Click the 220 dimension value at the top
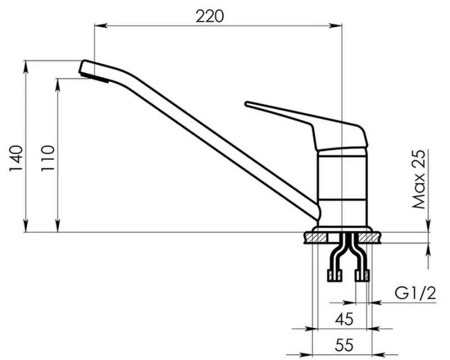click(209, 16)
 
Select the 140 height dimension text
click(17, 159)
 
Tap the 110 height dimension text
click(48, 159)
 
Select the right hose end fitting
click(362, 276)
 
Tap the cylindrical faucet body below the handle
click(341, 187)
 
